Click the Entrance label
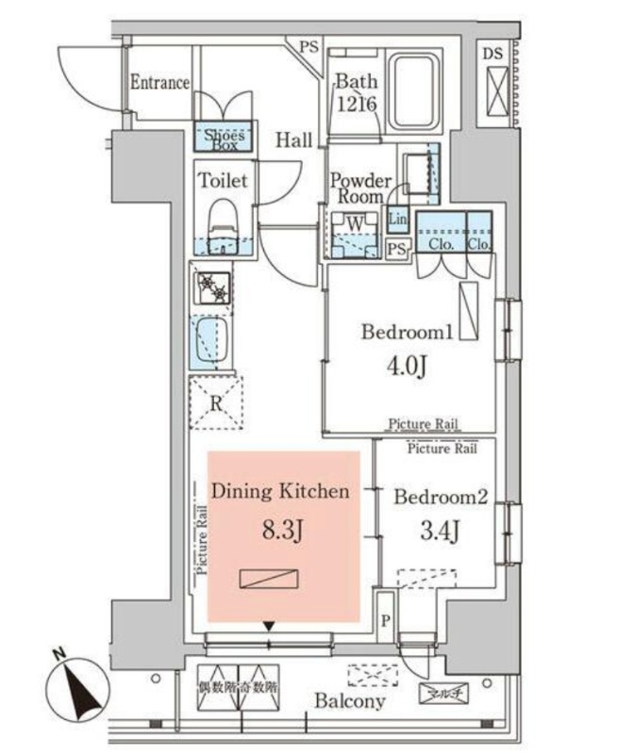tap(159, 83)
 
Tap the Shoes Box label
tap(225, 140)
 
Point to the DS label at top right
tap(492, 54)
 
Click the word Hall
tap(294, 141)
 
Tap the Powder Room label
tap(359, 188)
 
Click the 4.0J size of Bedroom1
tap(408, 365)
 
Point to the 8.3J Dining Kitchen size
tap(282, 533)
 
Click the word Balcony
tap(349, 701)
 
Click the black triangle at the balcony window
tap(270, 626)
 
